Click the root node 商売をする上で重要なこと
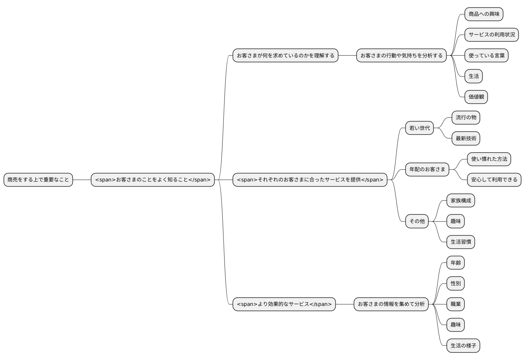point(38,180)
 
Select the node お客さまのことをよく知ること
point(153,180)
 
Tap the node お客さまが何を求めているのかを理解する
point(285,56)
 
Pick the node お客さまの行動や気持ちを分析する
point(402,56)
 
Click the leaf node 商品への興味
point(484,14)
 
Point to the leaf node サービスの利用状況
point(492,35)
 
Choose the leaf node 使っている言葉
point(487,56)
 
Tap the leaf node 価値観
point(476,97)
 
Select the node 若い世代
point(420,128)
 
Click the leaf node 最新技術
point(466,138)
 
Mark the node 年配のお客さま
point(427,169)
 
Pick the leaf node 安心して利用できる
point(494,180)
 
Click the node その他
point(417,221)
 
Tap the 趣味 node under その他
point(456,221)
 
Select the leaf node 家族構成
point(461,201)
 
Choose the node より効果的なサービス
point(284,304)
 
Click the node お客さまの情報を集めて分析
point(391,304)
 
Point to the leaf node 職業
point(456,304)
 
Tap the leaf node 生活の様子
point(464,346)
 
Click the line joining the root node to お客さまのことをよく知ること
point(82,180)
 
